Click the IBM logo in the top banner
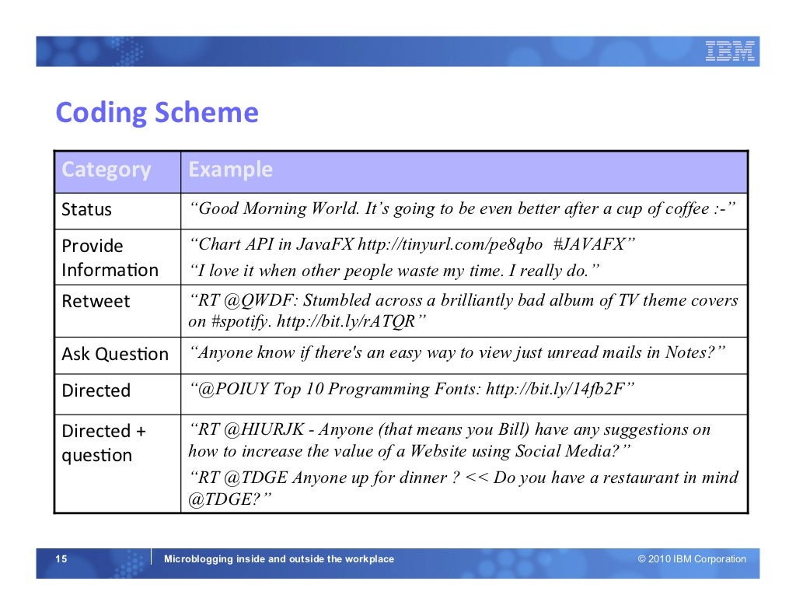[x=730, y=51]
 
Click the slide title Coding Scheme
[x=156, y=113]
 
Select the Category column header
[x=106, y=170]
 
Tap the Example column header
[x=231, y=170]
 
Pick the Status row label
[x=87, y=210]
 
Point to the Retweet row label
[x=96, y=301]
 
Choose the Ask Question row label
[x=115, y=354]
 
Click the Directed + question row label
[x=103, y=443]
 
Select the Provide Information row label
[x=110, y=257]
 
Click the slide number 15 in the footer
[x=61, y=559]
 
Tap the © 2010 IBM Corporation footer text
[x=692, y=559]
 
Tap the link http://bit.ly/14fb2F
[x=555, y=389]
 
